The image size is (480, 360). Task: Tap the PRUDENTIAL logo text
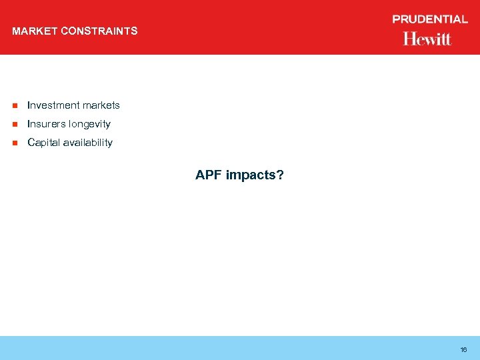pos(430,19)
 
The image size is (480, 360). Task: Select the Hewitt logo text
pos(427,39)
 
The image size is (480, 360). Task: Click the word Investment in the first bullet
pos(54,105)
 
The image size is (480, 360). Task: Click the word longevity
pos(89,124)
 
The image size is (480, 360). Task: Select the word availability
pos(88,143)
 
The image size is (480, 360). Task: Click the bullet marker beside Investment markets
pos(13,105)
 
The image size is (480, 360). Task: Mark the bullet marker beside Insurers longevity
pos(13,124)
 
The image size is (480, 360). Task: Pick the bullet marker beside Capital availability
pos(13,143)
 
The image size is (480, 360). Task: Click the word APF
pos(209,175)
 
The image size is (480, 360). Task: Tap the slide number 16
pos(463,349)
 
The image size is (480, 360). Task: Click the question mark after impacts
pos(280,175)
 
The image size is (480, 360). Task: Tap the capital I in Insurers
pos(29,124)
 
